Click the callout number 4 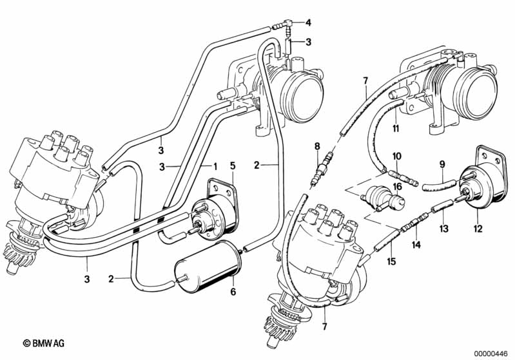pos(308,23)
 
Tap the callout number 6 pos(233,292)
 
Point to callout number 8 pos(316,147)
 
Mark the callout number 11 pos(396,128)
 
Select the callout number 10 pos(397,156)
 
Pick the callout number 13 pos(443,229)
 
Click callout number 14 pos(416,245)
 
